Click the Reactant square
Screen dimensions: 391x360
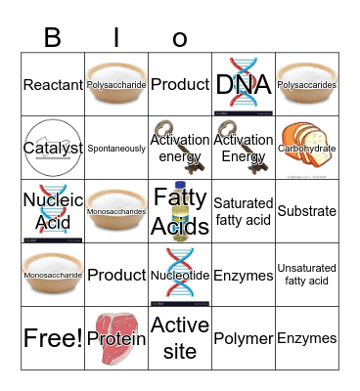52,85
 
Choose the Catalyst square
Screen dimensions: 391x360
52,148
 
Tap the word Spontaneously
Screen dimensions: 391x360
116,149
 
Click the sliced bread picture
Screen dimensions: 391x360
306,145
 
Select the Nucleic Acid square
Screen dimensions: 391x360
52,211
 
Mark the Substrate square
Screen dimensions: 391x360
307,211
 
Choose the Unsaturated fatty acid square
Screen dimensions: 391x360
307,275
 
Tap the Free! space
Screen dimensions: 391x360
52,338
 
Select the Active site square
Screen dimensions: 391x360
180,338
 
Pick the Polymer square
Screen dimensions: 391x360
244,338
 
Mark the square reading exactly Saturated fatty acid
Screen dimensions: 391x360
244,211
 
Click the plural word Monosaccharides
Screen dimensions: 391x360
116,211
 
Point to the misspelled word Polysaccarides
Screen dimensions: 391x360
307,85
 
